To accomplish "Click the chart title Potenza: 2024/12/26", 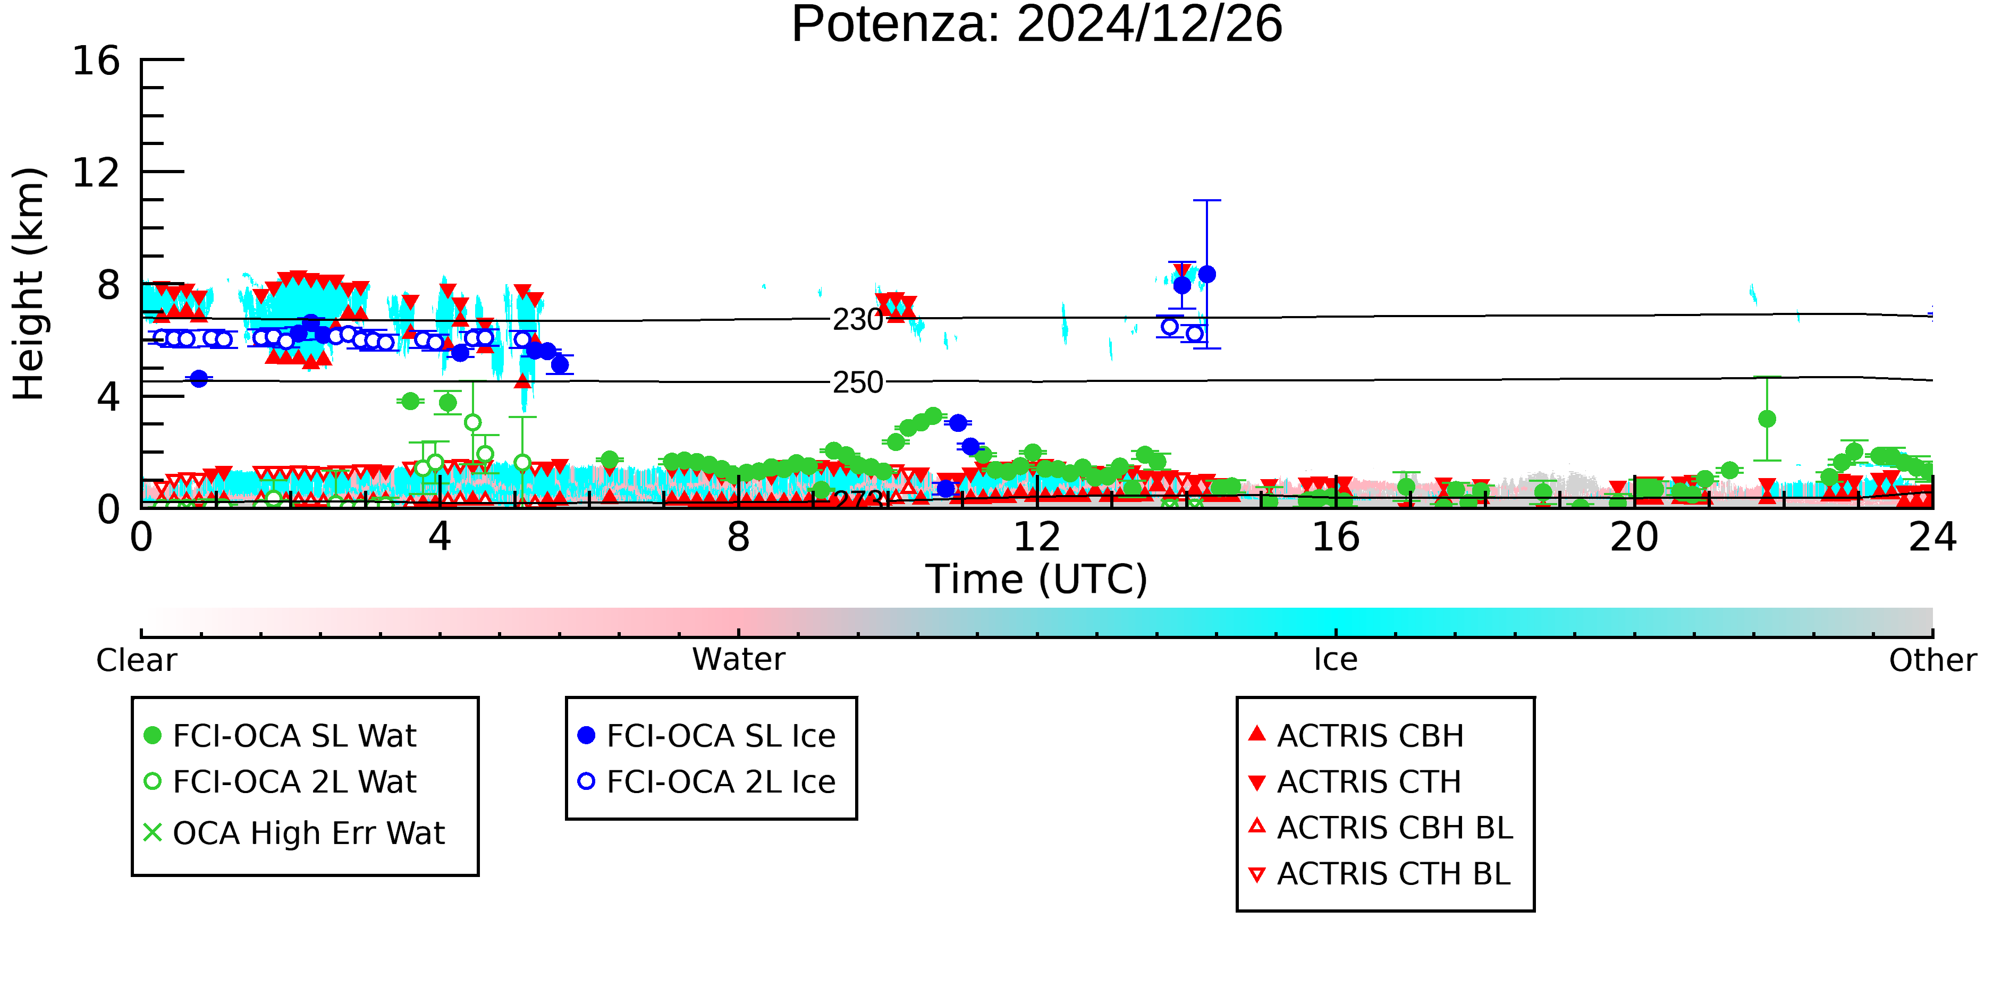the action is [1037, 25].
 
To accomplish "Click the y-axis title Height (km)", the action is [29, 284].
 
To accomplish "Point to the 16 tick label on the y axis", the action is [96, 61].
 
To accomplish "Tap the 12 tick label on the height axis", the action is [96, 173].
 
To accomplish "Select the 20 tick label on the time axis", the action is [1634, 538].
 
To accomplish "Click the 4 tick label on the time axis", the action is [440, 538].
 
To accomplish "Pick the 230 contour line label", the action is [857, 319].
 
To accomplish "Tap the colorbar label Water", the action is [739, 660].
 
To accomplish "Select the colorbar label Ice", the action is [1336, 660].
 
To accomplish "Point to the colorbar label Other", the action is [1932, 660].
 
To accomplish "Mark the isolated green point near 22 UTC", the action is [1766, 419].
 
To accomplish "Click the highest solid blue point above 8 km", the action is [1206, 275].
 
